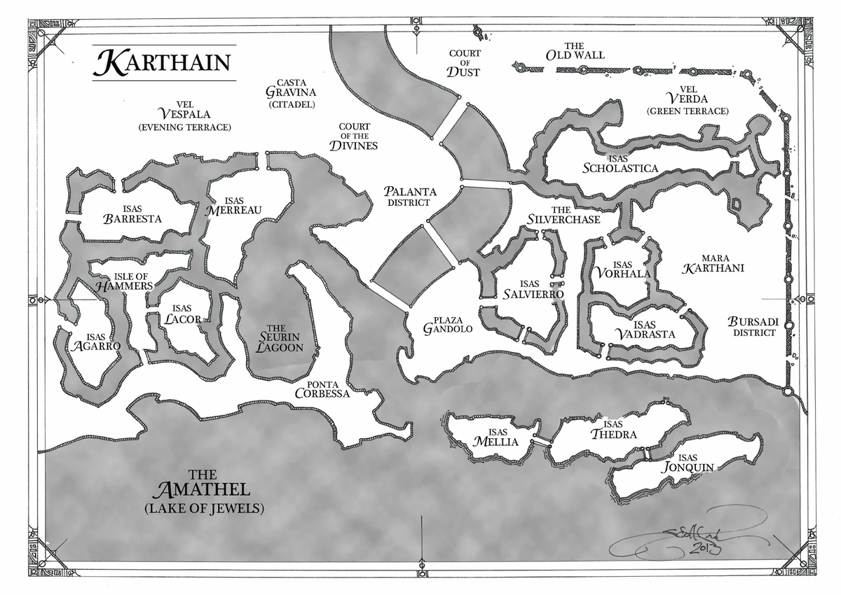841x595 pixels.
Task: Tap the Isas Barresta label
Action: [132, 214]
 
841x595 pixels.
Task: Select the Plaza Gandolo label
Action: [449, 323]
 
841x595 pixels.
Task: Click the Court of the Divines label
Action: [354, 136]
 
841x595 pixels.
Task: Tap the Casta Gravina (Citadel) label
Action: [291, 92]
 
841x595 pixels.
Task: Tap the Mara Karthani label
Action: [712, 262]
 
